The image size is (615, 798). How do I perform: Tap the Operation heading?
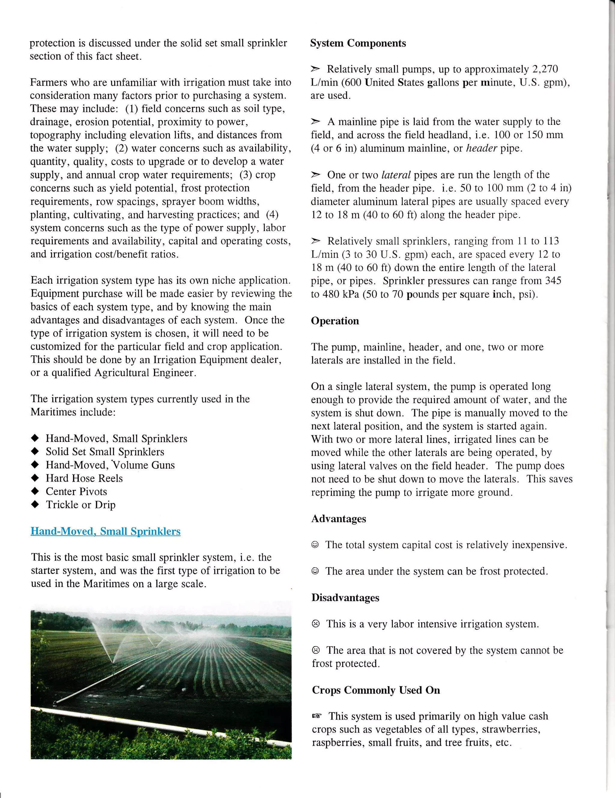point(335,321)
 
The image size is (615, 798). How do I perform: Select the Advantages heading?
point(338,518)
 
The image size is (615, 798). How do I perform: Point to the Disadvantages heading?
point(345,597)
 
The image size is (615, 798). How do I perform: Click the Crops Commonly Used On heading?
point(376,690)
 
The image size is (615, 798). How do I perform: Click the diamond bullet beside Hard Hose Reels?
point(35,478)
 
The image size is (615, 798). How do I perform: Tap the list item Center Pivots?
point(76,491)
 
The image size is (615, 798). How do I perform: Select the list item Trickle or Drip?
point(80,505)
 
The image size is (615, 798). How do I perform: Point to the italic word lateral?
point(396,175)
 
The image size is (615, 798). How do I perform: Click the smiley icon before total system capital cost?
point(315,545)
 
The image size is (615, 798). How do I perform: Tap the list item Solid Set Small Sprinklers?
point(105,452)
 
